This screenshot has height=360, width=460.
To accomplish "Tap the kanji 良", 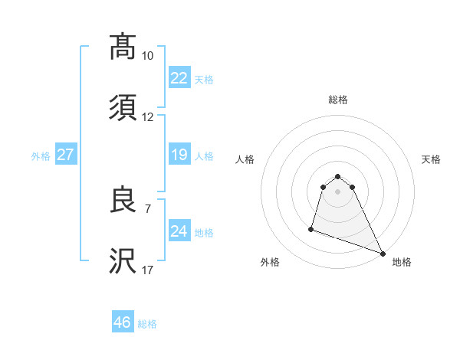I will (x=123, y=201).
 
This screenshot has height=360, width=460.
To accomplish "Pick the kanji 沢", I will (x=123, y=262).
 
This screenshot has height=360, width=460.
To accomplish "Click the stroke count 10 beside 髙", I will (x=147, y=56).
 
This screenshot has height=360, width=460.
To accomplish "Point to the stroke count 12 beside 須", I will (x=147, y=117).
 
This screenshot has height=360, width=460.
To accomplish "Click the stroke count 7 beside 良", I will (x=147, y=208).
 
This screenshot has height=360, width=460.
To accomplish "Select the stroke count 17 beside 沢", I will (x=147, y=270).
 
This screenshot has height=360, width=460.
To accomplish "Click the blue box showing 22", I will (x=179, y=77).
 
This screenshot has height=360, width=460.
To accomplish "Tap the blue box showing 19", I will (x=179, y=155).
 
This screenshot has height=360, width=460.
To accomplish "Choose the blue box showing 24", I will (x=179, y=231).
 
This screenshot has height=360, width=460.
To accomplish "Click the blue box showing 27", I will (x=66, y=155).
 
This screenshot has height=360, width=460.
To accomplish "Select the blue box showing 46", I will (x=123, y=322).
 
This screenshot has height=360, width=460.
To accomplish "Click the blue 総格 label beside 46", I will (x=147, y=324).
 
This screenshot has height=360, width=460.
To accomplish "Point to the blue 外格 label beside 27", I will (x=41, y=156).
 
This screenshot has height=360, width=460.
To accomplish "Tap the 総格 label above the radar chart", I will (x=338, y=100).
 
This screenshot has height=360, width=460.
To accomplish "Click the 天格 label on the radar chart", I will (x=432, y=159).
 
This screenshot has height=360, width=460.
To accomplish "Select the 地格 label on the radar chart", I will (x=402, y=263).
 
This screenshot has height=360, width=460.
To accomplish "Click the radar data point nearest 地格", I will (x=383, y=254).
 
